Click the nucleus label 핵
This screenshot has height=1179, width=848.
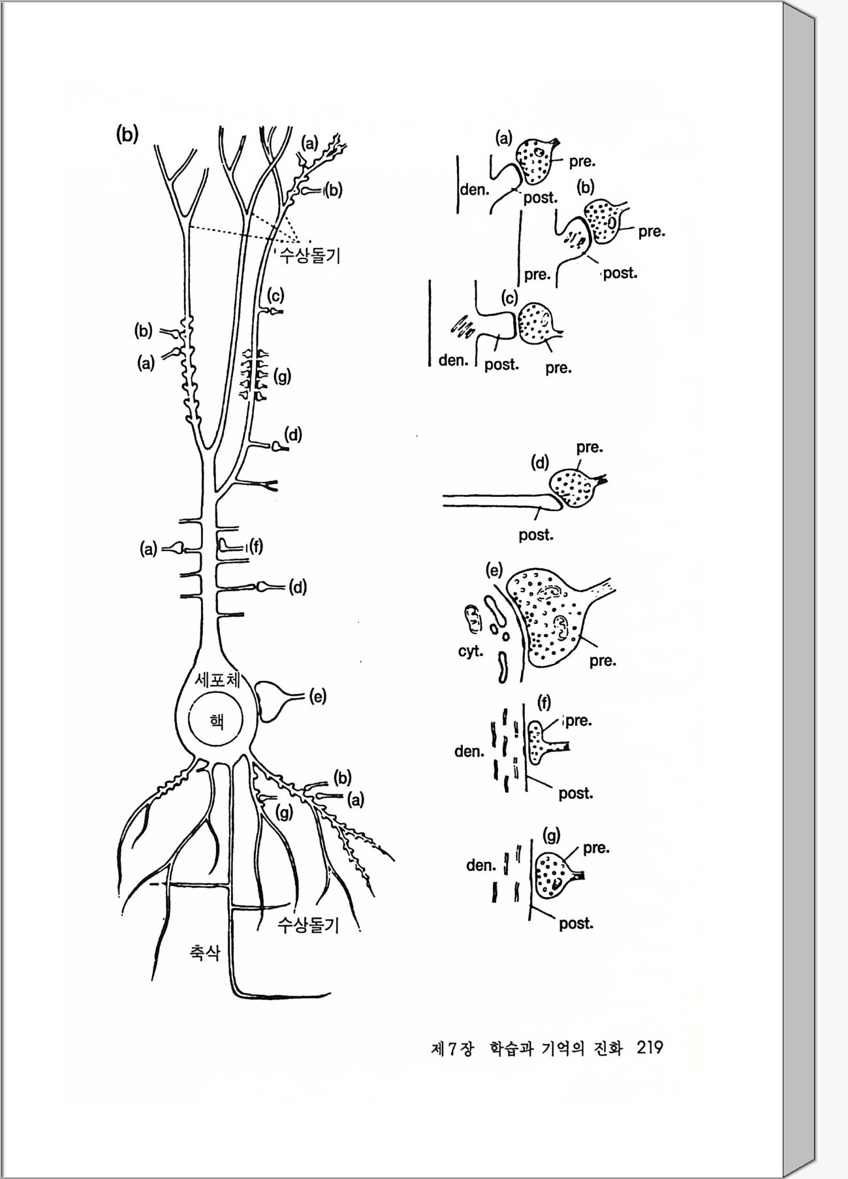tap(216, 721)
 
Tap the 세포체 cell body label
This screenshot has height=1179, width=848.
tap(217, 680)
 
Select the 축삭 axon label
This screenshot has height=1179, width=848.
tap(204, 952)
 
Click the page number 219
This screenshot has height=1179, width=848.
tap(650, 1047)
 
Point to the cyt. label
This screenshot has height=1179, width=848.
tap(470, 652)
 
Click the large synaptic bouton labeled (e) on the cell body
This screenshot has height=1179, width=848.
tap(272, 700)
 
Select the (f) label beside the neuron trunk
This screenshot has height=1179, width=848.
tap(256, 546)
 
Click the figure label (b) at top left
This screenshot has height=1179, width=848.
tap(127, 134)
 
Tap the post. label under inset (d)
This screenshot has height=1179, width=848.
tap(536, 535)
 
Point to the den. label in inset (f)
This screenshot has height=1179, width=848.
tap(469, 751)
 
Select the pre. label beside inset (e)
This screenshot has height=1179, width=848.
tap(603, 661)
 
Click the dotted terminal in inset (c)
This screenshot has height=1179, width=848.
tap(535, 322)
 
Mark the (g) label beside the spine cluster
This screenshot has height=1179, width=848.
tap(282, 377)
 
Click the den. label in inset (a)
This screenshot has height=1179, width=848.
tap(475, 189)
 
